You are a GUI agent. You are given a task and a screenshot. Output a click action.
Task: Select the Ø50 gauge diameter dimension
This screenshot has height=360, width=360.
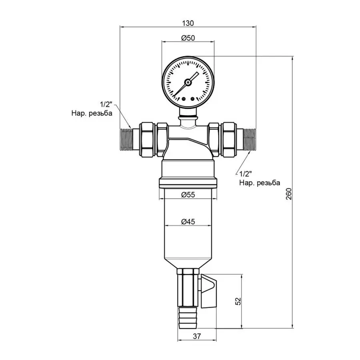pos(188,38)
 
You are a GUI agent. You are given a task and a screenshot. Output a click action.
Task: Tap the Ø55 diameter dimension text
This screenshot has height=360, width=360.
pos(188,195)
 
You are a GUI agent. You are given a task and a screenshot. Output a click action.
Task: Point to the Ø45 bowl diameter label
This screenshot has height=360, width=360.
pos(188,222)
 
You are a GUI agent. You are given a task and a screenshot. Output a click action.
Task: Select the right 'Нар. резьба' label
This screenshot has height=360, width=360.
pos(259,182)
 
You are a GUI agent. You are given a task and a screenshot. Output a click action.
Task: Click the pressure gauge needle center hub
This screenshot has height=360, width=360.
pos(187,82)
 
